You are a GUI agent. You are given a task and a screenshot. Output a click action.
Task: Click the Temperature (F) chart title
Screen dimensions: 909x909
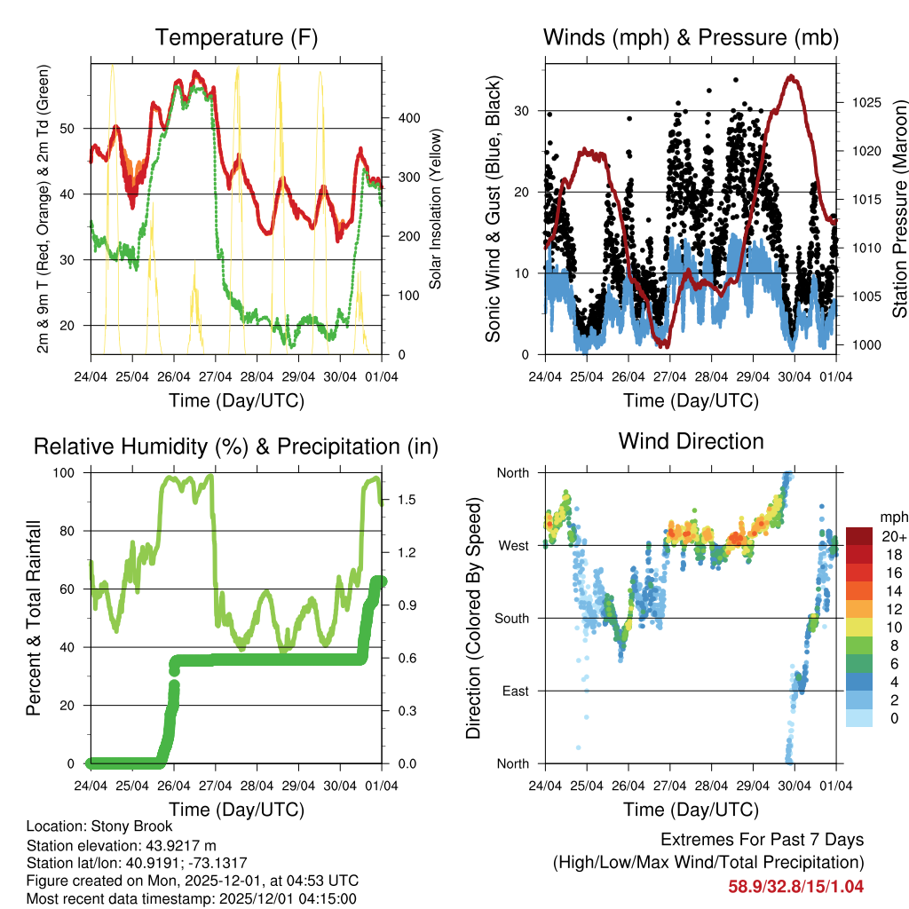(x=235, y=38)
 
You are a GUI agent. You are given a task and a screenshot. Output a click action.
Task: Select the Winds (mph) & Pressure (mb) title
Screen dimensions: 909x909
(x=691, y=38)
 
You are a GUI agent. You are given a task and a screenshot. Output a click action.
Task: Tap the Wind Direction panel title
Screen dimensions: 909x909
(x=691, y=441)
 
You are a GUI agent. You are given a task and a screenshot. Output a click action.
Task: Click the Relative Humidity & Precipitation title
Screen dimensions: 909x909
(x=235, y=447)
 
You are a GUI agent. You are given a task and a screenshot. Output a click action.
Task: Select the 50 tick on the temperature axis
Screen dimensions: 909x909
(x=76, y=128)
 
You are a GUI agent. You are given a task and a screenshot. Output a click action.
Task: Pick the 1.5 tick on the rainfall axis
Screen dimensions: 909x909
(x=395, y=499)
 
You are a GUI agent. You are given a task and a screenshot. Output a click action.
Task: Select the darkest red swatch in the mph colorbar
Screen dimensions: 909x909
(x=860, y=536)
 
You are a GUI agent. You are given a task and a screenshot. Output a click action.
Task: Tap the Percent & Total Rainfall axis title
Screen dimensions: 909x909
(x=34, y=618)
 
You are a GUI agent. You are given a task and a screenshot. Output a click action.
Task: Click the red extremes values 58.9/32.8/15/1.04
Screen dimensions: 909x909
(x=795, y=886)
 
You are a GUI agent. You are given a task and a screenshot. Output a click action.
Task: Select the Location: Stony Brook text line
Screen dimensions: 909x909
(x=99, y=826)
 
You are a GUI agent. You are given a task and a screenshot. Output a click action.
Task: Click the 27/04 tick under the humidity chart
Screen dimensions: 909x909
(x=215, y=786)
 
